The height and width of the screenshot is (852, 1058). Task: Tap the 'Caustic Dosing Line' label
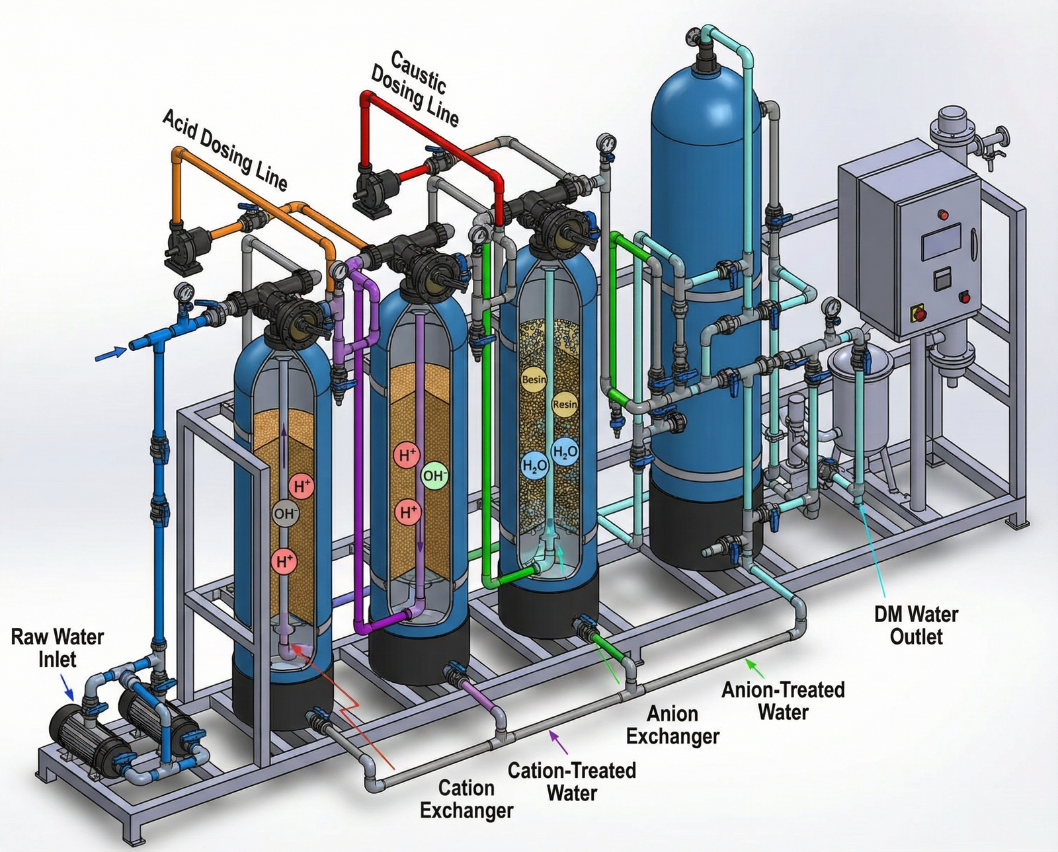pos(415,89)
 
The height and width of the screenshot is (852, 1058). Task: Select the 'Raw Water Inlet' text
pos(58,648)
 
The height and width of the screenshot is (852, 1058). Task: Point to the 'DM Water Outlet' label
pos(916,625)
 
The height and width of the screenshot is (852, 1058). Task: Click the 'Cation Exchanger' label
pos(466,798)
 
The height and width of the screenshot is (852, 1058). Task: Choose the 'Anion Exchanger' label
pos(672,724)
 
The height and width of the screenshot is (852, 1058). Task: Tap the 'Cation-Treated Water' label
pos(572,781)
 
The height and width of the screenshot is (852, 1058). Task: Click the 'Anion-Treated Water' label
pos(783,701)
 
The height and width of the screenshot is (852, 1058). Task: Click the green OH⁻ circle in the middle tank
pos(434,476)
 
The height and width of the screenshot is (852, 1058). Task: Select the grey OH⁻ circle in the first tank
pos(286,514)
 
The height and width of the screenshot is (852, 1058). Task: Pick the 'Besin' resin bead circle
pos(534,379)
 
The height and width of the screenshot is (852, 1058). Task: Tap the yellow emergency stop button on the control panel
pos(918,312)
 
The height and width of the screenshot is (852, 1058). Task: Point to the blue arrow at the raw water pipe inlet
pos(110,354)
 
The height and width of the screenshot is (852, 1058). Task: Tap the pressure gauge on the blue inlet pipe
pos(183,292)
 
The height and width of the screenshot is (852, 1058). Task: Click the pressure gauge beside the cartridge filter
pos(831,307)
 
